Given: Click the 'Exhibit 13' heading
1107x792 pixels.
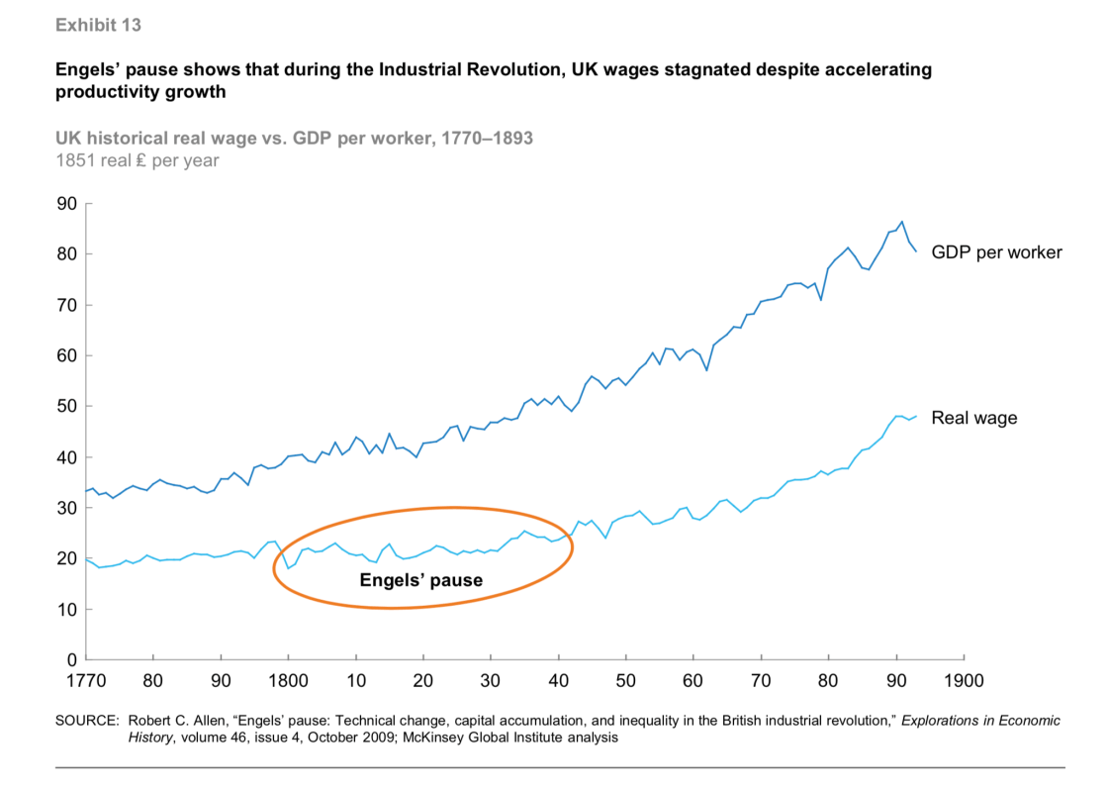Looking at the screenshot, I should click(x=99, y=26).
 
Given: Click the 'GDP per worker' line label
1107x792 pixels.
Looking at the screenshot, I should click(x=996, y=252).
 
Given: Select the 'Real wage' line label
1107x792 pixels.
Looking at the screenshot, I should click(x=973, y=419).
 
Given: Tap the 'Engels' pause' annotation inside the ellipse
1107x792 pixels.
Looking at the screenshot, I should click(x=421, y=580).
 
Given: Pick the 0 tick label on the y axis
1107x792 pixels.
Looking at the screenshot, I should click(x=70, y=659).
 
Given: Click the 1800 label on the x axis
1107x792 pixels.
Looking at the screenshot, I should click(x=288, y=681).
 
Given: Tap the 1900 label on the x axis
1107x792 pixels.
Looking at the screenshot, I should click(x=964, y=681).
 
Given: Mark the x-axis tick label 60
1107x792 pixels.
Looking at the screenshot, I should click(x=693, y=681).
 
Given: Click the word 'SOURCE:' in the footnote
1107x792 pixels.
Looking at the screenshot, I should click(x=87, y=721).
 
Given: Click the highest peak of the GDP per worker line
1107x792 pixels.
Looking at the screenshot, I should click(x=901, y=222).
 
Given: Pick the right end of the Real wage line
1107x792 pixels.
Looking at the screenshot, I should click(x=917, y=416).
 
